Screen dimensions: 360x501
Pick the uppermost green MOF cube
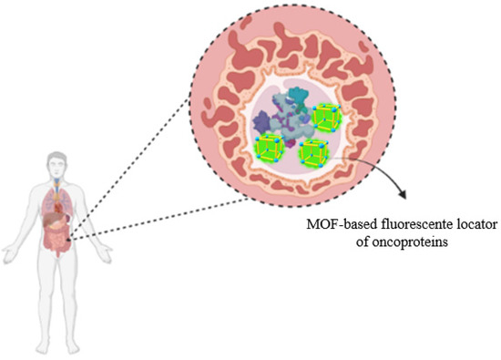pos(325,116)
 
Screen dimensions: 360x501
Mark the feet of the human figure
pos(58,351)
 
